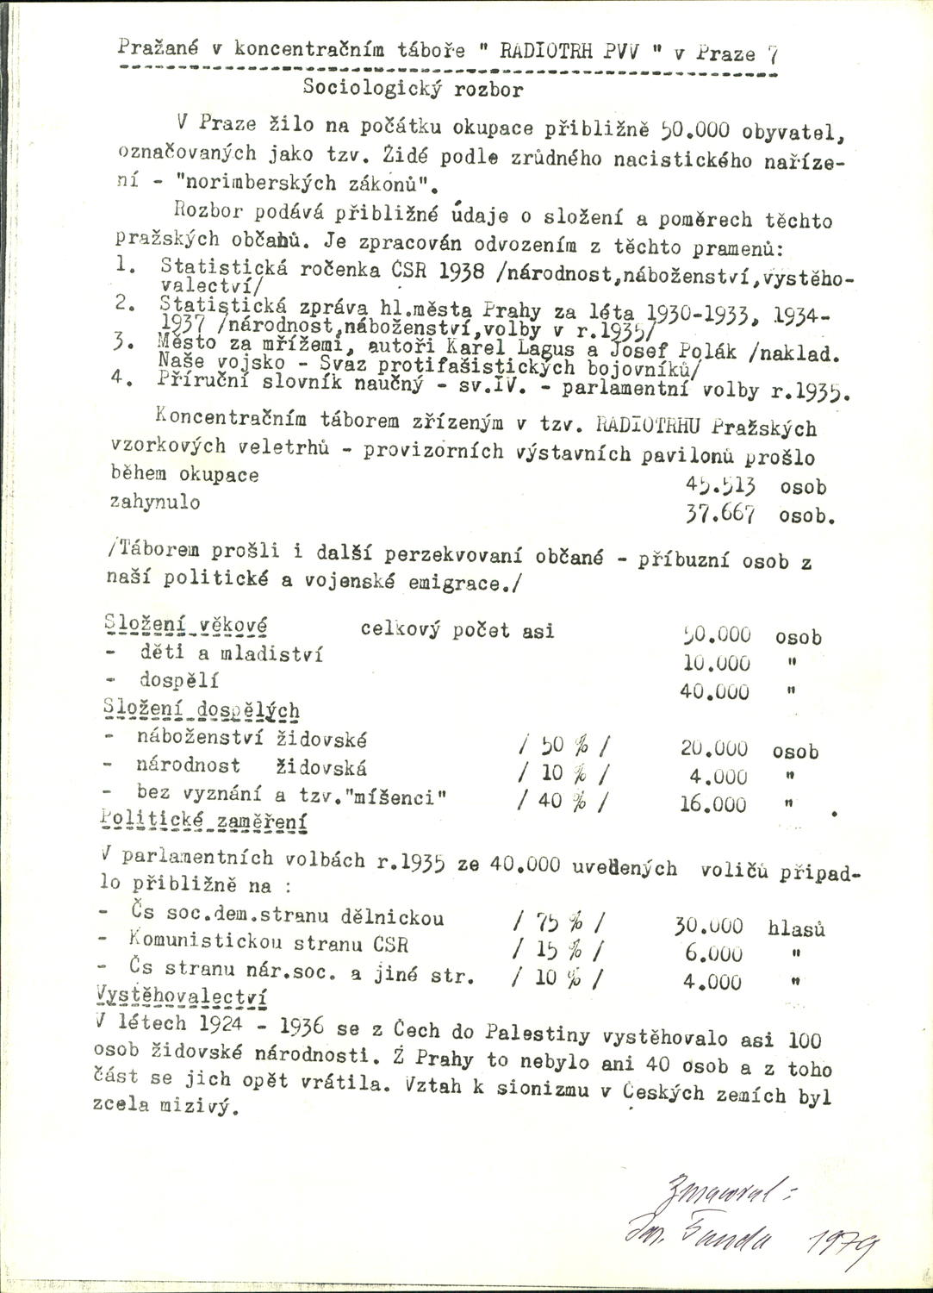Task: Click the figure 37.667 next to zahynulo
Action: [719, 515]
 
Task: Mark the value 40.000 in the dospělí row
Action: [715, 691]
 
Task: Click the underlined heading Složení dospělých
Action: [202, 711]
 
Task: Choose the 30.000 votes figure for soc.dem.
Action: [711, 926]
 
